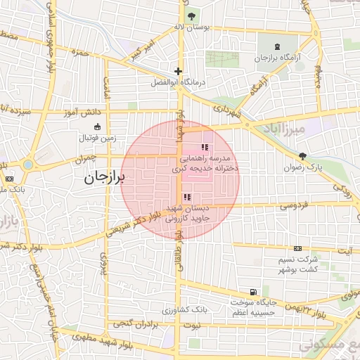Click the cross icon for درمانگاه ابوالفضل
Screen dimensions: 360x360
tap(179, 71)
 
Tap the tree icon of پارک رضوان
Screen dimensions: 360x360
tap(302, 156)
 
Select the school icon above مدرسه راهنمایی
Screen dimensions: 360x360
tap(205, 147)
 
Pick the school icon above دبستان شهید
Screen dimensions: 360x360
tap(186, 198)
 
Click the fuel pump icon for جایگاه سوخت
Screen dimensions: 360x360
tap(252, 292)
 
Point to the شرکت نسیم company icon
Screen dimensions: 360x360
tap(297, 248)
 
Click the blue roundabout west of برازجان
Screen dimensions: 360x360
tap(27, 165)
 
